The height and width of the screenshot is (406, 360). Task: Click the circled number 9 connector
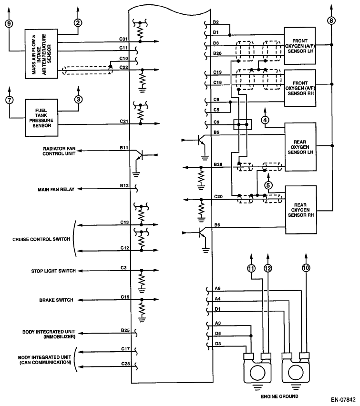tap(9, 23)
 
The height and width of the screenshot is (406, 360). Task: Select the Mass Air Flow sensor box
tap(41, 54)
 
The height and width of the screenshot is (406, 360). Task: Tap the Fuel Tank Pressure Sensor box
tap(41, 118)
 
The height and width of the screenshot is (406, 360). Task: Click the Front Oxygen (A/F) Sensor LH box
tap(300, 46)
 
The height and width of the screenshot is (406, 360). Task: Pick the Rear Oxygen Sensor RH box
tap(301, 210)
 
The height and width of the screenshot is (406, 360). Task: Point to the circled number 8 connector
tap(331, 20)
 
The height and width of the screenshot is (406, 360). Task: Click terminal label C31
tap(123, 39)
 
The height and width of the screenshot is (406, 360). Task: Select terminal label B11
tap(124, 148)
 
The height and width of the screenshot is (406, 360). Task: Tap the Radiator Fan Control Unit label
tap(59, 151)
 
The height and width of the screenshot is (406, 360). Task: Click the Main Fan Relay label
tap(56, 190)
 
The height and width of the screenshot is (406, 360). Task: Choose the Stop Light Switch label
tap(53, 271)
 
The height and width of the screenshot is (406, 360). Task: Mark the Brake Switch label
tap(56, 300)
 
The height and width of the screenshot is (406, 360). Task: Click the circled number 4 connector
tap(265, 120)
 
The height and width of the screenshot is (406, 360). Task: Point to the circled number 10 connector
tap(306, 268)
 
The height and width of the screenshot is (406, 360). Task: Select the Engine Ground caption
tap(279, 396)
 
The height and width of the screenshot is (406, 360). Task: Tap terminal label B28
tap(218, 165)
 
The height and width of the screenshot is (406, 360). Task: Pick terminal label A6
tap(217, 288)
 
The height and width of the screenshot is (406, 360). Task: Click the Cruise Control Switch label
tap(41, 239)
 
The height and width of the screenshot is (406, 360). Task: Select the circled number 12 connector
tap(267, 268)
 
